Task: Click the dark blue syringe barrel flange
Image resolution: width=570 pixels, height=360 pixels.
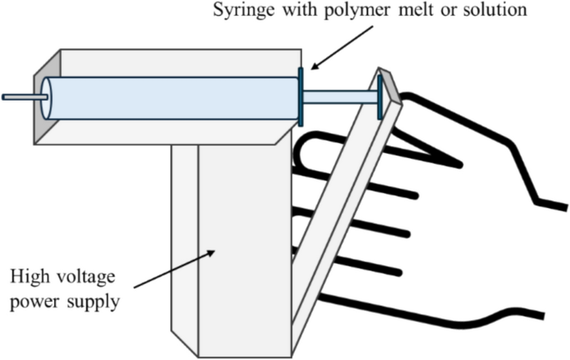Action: coord(300,96)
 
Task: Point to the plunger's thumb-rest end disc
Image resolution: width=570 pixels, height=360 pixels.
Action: coord(380,96)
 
